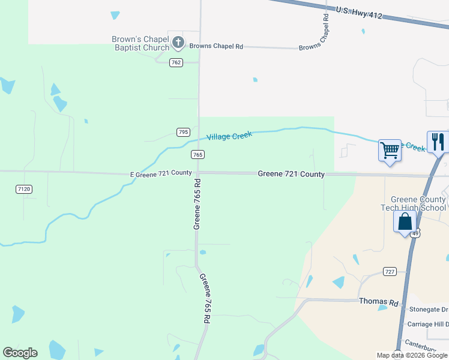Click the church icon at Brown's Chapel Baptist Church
point(178,43)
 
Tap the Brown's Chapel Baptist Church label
point(140,44)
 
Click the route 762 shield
point(175,62)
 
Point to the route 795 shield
point(184,132)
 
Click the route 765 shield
point(198,155)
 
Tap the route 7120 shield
point(23,189)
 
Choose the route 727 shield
point(390,272)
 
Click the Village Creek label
point(229,136)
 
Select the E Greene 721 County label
point(161,173)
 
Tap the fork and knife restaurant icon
point(438,142)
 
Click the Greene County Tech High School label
point(418,203)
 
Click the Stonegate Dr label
point(427,311)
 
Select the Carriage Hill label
point(429,324)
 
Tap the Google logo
point(20,353)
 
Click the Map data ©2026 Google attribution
point(412,355)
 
